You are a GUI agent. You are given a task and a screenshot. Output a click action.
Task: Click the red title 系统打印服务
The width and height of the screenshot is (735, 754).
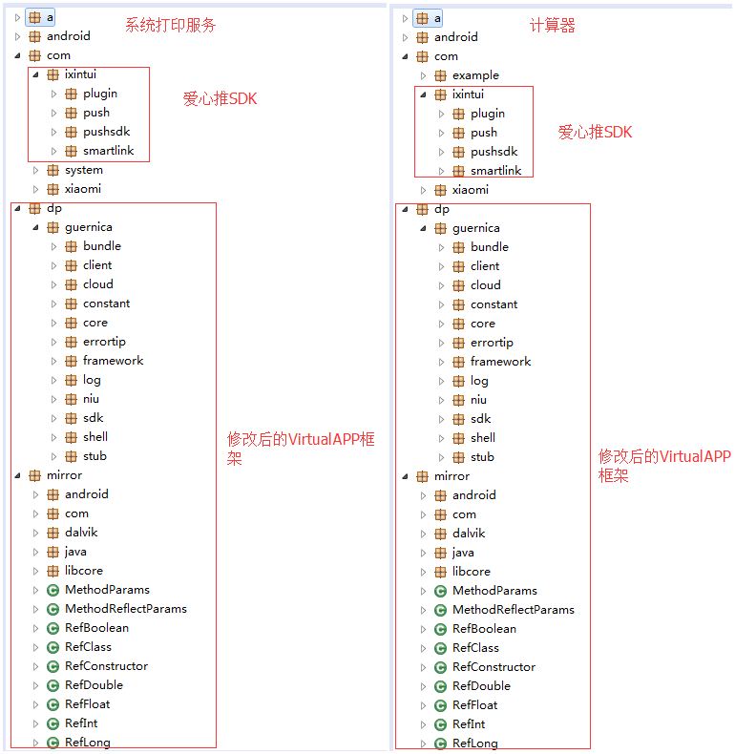click(170, 25)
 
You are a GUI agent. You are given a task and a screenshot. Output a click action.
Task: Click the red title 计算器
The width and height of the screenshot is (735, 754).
click(553, 25)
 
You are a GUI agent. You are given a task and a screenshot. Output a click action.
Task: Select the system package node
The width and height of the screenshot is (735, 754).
click(84, 170)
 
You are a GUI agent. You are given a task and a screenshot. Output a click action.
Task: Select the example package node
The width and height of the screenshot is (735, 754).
click(475, 75)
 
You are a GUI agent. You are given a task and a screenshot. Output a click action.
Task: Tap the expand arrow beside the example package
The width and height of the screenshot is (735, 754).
click(423, 75)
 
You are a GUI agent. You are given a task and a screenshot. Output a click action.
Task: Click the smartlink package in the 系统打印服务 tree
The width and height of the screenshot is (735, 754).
click(108, 151)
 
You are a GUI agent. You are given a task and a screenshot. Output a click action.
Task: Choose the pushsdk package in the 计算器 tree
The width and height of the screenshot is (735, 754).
click(494, 152)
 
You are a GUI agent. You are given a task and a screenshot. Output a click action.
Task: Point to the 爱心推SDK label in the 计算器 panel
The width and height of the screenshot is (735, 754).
click(595, 133)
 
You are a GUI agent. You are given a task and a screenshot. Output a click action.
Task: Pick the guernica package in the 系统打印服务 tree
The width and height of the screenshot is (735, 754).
click(89, 227)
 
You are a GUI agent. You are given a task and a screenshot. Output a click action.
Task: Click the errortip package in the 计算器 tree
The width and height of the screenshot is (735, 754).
click(492, 343)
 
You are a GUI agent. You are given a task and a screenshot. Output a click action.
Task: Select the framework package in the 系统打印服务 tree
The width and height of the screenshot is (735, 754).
click(113, 361)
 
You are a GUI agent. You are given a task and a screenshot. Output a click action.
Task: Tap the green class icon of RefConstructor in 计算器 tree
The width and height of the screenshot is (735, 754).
click(440, 667)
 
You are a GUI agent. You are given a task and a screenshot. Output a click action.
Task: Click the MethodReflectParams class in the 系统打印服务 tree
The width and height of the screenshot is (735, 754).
click(126, 609)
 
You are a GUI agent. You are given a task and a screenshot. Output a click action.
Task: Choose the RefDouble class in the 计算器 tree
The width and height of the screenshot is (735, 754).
click(481, 685)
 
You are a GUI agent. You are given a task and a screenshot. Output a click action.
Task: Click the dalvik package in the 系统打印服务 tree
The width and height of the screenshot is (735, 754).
click(81, 533)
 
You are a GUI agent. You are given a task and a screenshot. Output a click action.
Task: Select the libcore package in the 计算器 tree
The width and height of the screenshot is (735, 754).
click(471, 572)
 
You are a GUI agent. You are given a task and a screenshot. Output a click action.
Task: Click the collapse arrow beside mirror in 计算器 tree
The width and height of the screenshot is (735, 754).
click(405, 476)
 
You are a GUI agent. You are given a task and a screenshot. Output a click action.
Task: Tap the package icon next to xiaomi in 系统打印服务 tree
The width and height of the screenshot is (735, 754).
click(52, 189)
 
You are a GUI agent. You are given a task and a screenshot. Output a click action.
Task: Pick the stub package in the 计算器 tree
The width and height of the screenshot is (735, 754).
click(482, 457)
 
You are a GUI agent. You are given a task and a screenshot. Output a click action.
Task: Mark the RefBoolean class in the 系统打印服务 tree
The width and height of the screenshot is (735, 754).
click(96, 627)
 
